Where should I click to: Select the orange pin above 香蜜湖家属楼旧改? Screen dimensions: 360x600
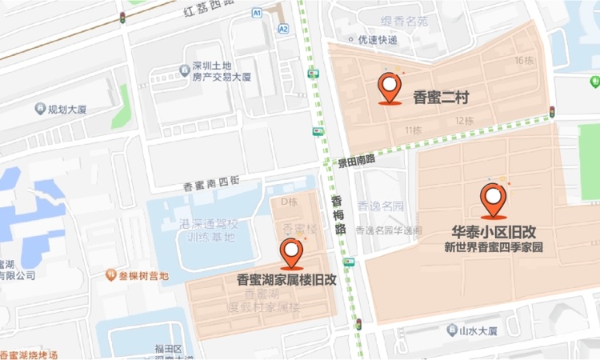292,254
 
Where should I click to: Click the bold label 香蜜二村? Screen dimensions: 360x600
441,98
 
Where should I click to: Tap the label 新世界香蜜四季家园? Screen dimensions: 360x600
494,248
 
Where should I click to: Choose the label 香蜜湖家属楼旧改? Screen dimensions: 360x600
287,280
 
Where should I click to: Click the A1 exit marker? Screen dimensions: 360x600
257,13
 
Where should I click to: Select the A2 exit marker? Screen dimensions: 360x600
283,28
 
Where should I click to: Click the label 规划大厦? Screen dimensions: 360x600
66,109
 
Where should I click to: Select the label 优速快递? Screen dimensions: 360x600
378,39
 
